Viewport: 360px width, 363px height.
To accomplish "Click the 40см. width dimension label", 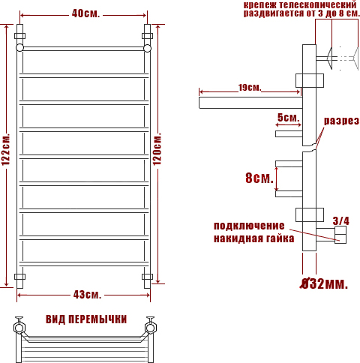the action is (x=85, y=13).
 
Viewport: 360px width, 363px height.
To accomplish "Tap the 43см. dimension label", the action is (x=87, y=295).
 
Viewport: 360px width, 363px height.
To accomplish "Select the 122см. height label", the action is (x=6, y=149).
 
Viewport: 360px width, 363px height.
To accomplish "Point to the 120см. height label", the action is (x=157, y=149).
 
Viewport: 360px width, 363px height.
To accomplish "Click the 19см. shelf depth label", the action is (x=250, y=88).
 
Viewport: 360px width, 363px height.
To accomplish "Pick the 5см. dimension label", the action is (x=288, y=118).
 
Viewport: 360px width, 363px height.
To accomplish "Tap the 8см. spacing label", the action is (x=259, y=178).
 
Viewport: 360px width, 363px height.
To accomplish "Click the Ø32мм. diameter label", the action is (x=324, y=283).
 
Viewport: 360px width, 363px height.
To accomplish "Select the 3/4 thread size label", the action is (x=341, y=221).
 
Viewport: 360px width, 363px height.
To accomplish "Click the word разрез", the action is (x=341, y=121).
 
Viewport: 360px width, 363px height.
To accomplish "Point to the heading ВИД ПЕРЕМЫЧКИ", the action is (x=86, y=319).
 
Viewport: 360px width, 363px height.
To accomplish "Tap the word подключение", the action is (x=249, y=226).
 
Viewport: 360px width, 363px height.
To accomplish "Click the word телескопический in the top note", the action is (x=318, y=4).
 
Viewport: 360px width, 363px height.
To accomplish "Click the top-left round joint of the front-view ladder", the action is (x=19, y=47).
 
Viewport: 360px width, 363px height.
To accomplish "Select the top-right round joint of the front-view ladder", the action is (x=148, y=48).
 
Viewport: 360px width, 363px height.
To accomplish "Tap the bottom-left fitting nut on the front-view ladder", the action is (x=19, y=277).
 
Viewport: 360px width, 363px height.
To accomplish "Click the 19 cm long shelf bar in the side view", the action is (x=250, y=103).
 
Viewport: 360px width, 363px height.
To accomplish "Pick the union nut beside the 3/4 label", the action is (x=340, y=235).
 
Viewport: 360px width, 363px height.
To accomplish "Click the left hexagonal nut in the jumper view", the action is (x=19, y=328).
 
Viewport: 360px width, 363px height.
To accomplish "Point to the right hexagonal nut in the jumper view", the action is (x=151, y=328).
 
